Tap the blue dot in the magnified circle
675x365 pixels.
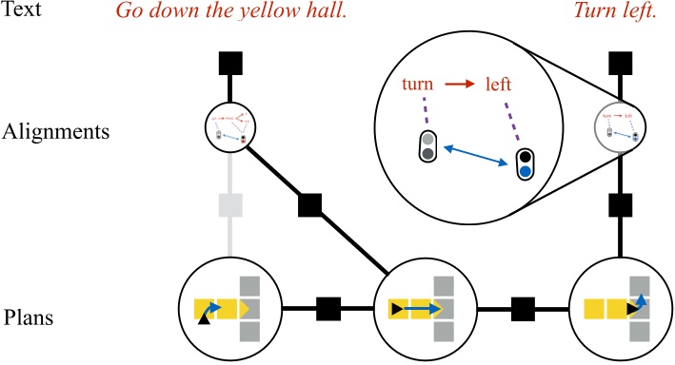(525, 172)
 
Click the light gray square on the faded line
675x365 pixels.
(229, 205)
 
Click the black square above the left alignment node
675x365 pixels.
(229, 64)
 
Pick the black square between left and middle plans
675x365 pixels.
(327, 309)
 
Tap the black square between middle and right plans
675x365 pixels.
(523, 309)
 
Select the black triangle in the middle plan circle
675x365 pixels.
(395, 309)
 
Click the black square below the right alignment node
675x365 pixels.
(621, 204)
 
